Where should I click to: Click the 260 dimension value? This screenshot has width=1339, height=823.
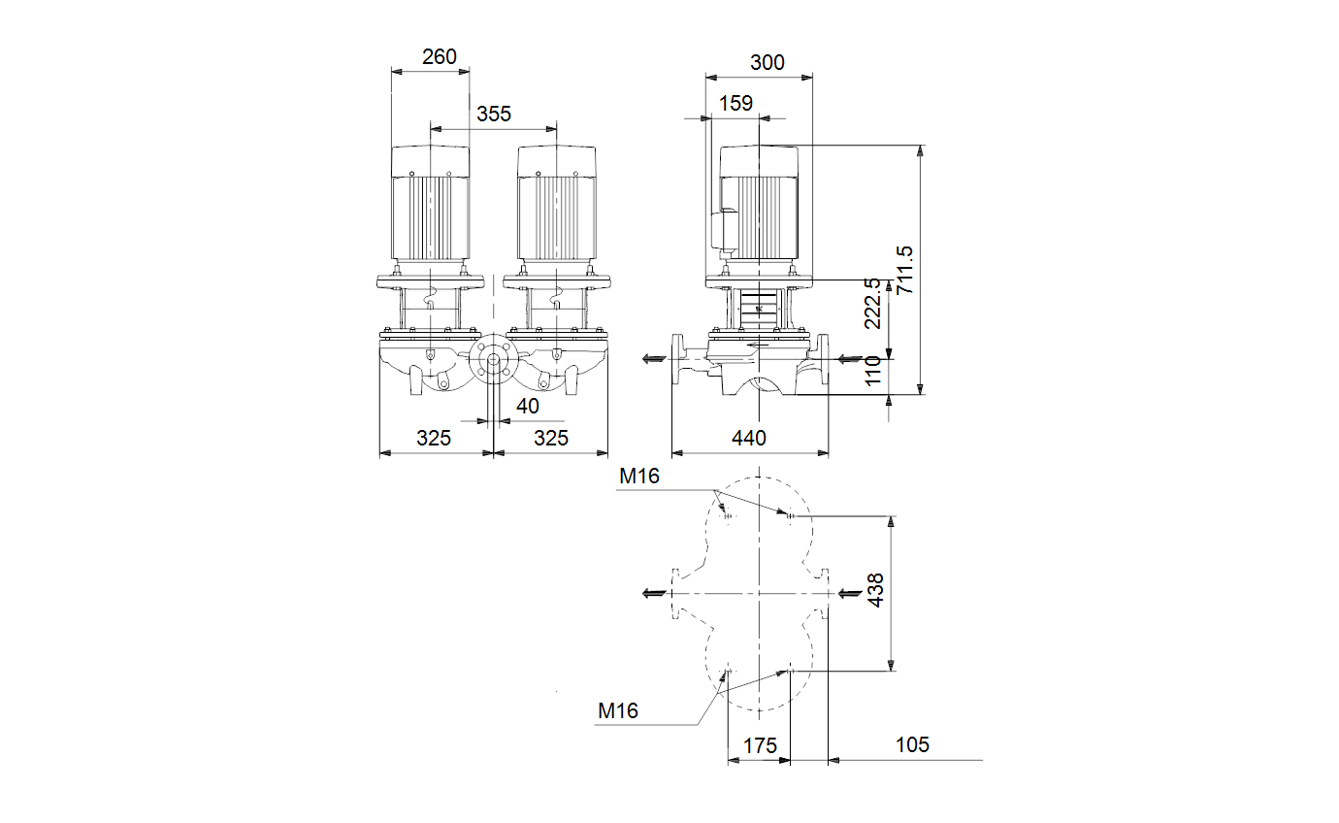(440, 57)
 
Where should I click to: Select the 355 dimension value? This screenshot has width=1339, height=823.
(494, 114)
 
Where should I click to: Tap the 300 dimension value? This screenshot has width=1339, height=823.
(767, 62)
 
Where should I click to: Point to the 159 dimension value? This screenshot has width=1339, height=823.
(735, 104)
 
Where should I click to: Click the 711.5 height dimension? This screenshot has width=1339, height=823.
(905, 270)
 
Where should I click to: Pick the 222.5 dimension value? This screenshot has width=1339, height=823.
(872, 303)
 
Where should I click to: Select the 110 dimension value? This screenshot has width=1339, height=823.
(872, 371)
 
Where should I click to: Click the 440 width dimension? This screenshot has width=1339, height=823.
(749, 438)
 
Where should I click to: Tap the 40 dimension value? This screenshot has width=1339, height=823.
(528, 406)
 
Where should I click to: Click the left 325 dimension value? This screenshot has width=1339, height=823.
(434, 438)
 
